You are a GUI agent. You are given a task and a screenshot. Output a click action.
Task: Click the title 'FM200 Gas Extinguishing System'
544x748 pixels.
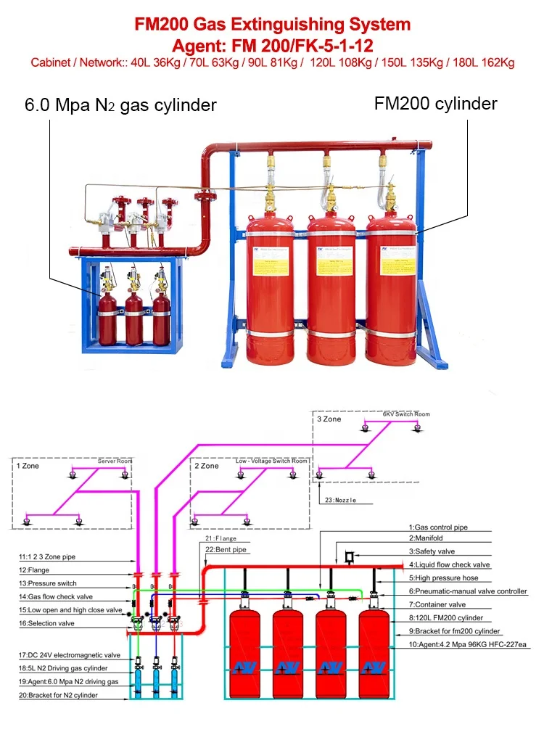272,24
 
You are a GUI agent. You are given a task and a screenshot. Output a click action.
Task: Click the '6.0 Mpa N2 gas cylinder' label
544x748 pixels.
120,104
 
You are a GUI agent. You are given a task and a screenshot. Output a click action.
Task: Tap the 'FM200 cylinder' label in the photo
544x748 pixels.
435,103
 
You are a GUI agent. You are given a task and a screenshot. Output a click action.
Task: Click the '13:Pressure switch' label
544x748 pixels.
47,583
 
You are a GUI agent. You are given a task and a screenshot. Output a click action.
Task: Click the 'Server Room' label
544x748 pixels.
115,461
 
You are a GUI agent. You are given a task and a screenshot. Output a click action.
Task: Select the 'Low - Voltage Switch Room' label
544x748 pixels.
271,461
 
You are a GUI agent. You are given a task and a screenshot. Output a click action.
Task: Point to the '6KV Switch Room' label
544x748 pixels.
405,414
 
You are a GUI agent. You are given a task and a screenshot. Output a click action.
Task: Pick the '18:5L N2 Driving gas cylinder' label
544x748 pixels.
63,667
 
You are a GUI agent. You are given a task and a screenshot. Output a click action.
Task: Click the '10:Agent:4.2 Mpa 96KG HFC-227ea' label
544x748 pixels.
468,644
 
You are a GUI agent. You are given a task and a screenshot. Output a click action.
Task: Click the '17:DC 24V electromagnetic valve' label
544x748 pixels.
70,654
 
